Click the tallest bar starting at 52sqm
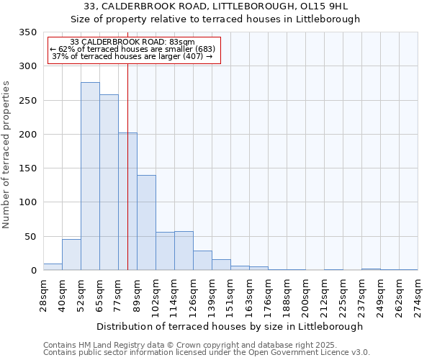[x=90, y=176]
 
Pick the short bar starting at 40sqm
[x=71, y=255]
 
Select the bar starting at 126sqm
[x=202, y=261]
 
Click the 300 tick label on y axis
[x=27, y=66]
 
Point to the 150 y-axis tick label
[x=27, y=168]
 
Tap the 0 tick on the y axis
[x=33, y=271]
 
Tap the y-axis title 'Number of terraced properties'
[x=6, y=155]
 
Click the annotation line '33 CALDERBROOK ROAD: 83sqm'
[x=133, y=42]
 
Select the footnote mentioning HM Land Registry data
[x=205, y=345]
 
